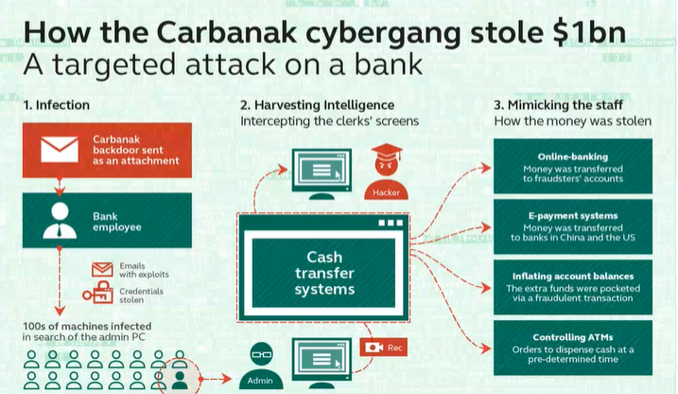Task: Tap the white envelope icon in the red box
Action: [60, 150]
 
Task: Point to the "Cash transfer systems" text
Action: [323, 273]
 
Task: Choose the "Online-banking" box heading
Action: [572, 156]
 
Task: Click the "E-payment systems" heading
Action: [572, 216]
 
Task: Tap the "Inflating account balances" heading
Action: [572, 277]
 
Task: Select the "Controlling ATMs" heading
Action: [572, 336]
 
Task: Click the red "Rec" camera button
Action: [384, 348]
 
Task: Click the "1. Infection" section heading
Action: [57, 105]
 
